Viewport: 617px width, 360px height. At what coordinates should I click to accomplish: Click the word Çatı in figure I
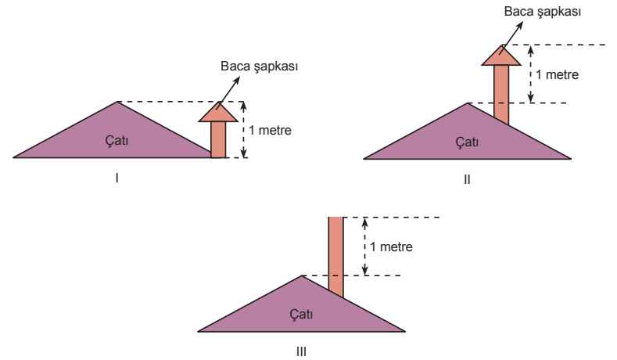point(117,140)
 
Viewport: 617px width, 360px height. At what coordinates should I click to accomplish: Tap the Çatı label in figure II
point(467,142)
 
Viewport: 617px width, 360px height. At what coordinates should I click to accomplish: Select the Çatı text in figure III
point(301,314)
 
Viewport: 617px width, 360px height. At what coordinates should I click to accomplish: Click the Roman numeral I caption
point(117,178)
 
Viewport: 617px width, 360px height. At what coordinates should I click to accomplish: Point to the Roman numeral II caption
point(467,179)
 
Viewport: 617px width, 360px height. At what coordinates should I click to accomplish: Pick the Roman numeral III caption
point(301,351)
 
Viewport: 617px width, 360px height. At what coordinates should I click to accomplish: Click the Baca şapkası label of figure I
point(259,67)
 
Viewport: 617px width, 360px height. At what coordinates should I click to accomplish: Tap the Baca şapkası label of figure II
point(542,12)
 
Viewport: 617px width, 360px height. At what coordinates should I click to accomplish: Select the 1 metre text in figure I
point(270,131)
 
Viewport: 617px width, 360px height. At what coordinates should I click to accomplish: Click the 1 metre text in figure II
point(558,75)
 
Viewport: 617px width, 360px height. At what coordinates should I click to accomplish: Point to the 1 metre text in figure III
point(391,247)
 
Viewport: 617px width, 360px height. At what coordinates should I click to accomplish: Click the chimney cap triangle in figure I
point(218,113)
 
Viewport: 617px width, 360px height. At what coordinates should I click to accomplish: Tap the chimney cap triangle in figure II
point(501,56)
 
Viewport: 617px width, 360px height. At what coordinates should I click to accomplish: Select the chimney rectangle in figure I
point(218,140)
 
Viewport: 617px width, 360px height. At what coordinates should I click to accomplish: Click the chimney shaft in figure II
point(501,94)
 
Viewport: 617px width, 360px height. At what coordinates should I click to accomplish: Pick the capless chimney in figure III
point(335,256)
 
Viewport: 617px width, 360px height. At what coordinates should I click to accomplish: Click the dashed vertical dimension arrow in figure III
point(364,247)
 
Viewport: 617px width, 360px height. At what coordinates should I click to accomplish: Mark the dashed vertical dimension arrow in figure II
point(530,74)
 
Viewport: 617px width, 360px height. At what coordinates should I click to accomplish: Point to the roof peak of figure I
point(117,102)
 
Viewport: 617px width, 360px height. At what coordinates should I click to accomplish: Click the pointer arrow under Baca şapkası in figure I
point(228,93)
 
